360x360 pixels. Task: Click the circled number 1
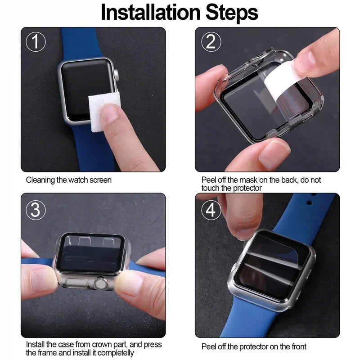[36, 42]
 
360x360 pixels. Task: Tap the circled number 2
[210, 42]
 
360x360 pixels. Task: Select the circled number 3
[36, 209]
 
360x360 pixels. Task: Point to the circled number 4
[211, 209]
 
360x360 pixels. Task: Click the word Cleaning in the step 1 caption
[40, 180]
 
